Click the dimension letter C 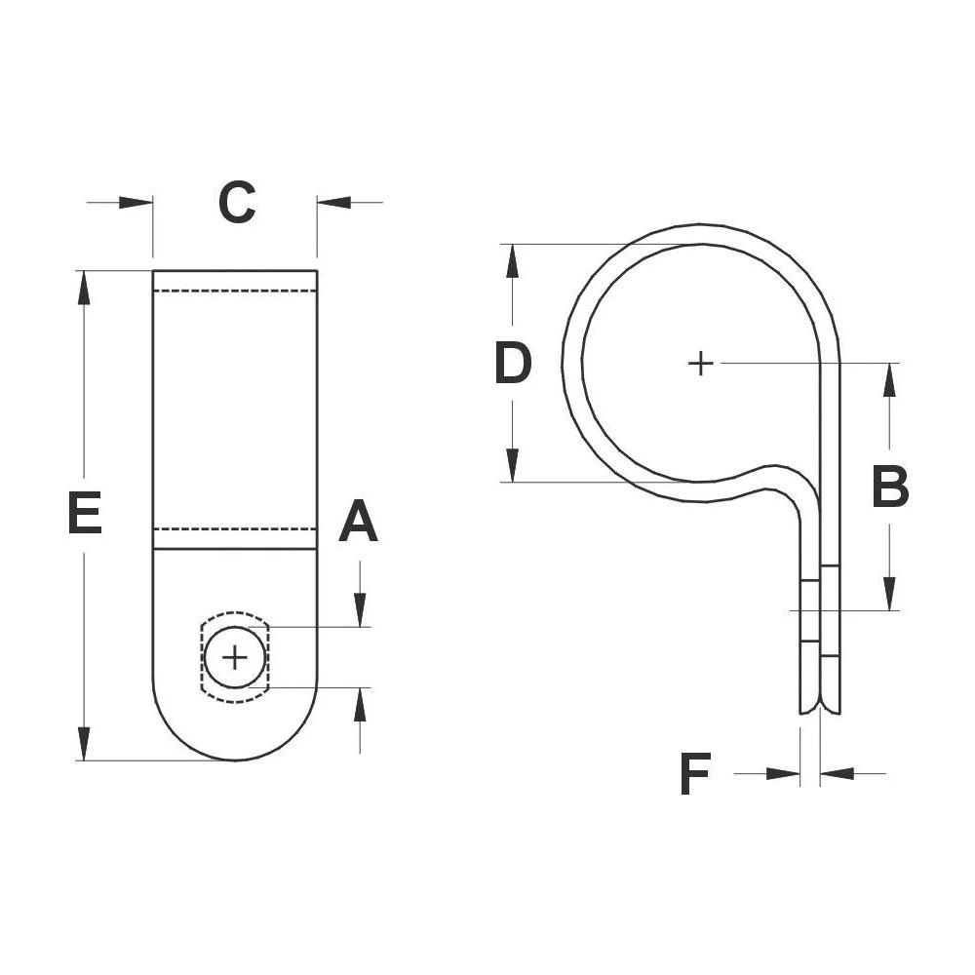click(x=236, y=203)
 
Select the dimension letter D click(x=513, y=364)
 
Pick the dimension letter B click(x=889, y=487)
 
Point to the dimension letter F click(x=694, y=775)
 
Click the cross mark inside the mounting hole click(x=235, y=658)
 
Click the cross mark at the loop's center click(x=700, y=364)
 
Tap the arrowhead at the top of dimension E click(x=85, y=289)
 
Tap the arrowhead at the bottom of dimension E click(x=85, y=743)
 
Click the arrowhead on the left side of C click(x=136, y=203)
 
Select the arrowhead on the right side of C click(x=334, y=203)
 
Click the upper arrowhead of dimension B click(x=889, y=381)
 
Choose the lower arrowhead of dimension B click(x=889, y=593)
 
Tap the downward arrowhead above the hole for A click(x=360, y=610)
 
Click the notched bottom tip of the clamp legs click(x=819, y=710)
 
